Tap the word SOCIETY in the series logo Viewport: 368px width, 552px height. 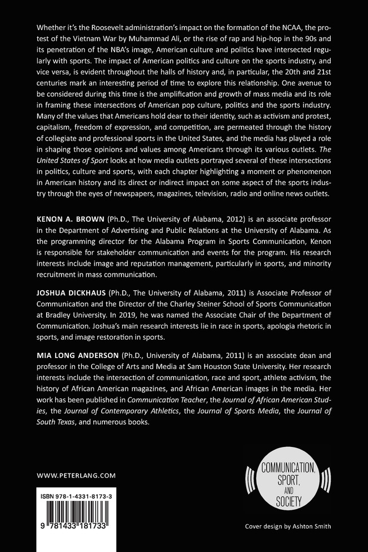click(x=284, y=504)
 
